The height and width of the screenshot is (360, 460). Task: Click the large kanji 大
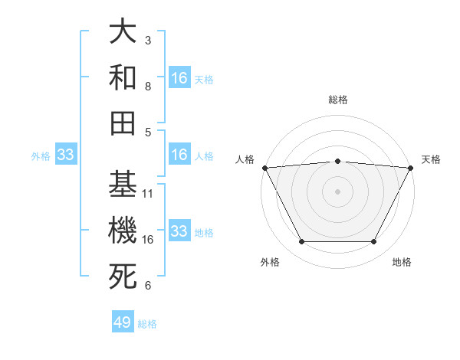[123, 32]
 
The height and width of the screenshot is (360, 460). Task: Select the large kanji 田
[123, 123]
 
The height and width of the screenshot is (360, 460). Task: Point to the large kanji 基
[123, 185]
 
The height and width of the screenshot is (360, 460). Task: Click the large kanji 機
[123, 231]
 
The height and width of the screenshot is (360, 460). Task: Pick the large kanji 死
[123, 277]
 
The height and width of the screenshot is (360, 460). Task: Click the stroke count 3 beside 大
[148, 40]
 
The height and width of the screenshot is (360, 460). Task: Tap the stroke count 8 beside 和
[148, 86]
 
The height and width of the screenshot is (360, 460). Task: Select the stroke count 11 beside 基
[148, 193]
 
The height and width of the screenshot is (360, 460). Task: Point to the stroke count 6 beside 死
[148, 286]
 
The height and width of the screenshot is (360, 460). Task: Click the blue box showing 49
[123, 322]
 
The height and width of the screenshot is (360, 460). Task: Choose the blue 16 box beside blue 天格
[179, 77]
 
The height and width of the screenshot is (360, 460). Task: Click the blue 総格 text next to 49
[147, 324]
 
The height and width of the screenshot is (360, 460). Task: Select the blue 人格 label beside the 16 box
[204, 155]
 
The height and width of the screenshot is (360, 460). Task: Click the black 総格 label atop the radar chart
[337, 100]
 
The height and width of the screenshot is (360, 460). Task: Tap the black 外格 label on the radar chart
[270, 263]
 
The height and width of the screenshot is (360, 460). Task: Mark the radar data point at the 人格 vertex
[265, 168]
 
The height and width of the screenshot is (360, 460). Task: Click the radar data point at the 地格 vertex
[374, 242]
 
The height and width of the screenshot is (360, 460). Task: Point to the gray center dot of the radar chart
[337, 191]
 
